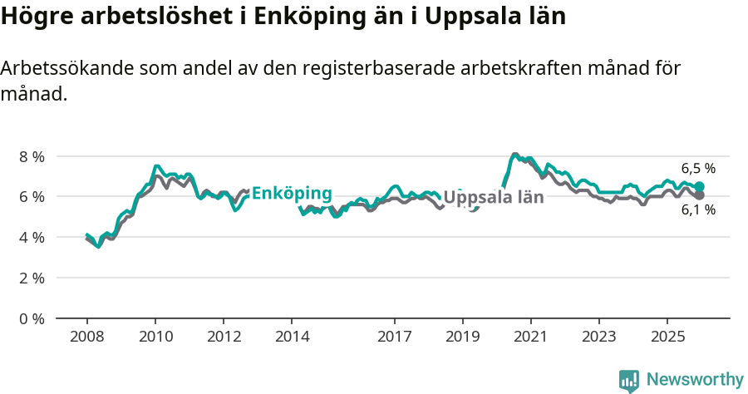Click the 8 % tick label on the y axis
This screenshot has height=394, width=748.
(x=32, y=156)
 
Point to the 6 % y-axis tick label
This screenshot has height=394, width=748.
(x=32, y=197)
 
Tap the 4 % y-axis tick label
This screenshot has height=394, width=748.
(x=32, y=237)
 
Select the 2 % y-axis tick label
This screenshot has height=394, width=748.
(x=32, y=278)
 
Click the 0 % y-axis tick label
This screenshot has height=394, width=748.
(x=32, y=318)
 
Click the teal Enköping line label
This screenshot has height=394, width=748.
(x=292, y=193)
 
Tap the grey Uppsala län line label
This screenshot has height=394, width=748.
(x=494, y=198)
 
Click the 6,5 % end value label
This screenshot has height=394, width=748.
(x=698, y=169)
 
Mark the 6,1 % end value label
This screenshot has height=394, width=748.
(x=698, y=210)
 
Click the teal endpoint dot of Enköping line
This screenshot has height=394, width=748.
(x=700, y=187)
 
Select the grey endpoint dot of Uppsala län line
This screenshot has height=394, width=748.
(x=700, y=195)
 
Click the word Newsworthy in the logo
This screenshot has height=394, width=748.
(x=695, y=380)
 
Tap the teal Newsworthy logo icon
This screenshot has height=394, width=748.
(x=629, y=381)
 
